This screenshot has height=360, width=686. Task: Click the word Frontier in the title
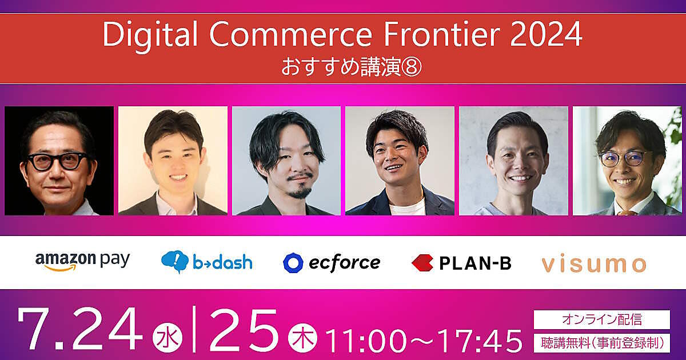[442, 34]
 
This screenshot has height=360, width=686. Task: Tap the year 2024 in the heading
[546, 34]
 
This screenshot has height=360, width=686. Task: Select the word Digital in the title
[150, 37]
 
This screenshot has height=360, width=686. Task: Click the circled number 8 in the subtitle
[412, 67]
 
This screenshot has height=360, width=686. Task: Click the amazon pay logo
[83, 262]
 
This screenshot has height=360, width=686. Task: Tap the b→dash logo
[207, 262]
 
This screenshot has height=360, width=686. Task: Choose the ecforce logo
[332, 263]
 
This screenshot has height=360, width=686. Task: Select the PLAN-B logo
[461, 263]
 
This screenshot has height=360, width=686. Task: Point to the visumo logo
[594, 264]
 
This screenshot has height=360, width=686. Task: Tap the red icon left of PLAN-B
[422, 263]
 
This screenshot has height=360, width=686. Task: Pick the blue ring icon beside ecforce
[293, 263]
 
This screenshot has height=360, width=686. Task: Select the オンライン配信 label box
[602, 319]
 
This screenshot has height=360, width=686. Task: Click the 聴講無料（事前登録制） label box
[602, 343]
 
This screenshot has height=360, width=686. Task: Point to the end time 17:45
[480, 341]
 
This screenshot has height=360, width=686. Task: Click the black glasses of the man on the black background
[58, 161]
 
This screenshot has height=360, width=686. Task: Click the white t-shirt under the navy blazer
[407, 207]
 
